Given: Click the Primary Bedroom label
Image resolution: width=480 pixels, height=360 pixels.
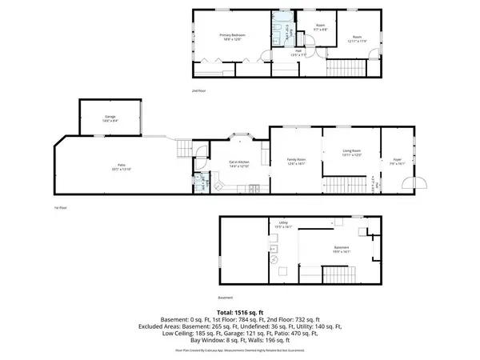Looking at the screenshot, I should tap(232, 37).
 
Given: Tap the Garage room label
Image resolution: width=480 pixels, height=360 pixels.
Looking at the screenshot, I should tap(110, 118).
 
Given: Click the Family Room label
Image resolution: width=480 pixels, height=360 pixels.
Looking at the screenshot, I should tap(297, 162).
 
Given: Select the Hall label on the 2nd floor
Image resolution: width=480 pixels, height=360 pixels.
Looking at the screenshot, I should tap(297, 52).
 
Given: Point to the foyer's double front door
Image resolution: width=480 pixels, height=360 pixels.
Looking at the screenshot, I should tap(409, 186).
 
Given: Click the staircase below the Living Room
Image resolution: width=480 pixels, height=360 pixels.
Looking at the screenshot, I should tap(347, 186).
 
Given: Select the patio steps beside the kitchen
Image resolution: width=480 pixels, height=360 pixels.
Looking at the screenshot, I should tap(184, 148).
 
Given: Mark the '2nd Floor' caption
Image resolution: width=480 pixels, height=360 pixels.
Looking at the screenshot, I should tap(199, 91).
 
